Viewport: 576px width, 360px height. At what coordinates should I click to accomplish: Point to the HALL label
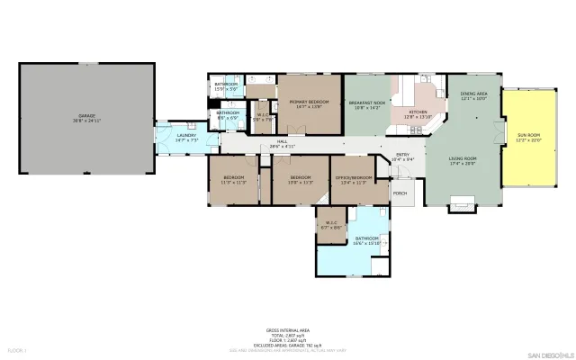point(282,143)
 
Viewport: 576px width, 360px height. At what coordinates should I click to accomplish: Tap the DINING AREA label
point(473,96)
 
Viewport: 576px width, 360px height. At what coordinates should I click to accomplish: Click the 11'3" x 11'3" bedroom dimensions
point(233,183)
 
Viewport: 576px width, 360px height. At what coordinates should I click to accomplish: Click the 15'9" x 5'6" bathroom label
point(225,86)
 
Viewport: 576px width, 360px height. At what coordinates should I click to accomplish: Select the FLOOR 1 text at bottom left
point(17,349)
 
